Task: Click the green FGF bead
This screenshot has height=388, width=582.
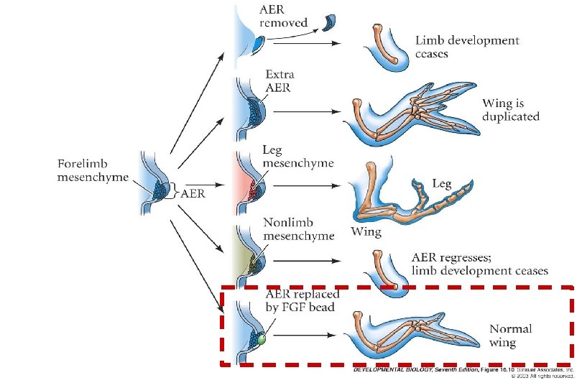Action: coord(262,338)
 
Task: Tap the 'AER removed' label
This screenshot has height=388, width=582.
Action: coord(284,15)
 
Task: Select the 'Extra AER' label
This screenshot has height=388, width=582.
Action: coord(280,81)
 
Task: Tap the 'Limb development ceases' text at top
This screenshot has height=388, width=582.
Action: coord(466,47)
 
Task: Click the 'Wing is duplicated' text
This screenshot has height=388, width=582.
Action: coord(510,110)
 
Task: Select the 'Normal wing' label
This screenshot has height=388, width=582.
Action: coord(511,336)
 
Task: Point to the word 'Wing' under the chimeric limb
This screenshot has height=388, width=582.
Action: coord(366,232)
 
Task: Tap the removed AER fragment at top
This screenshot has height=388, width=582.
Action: coord(333,22)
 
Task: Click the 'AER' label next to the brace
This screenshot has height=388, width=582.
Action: coord(191,193)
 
